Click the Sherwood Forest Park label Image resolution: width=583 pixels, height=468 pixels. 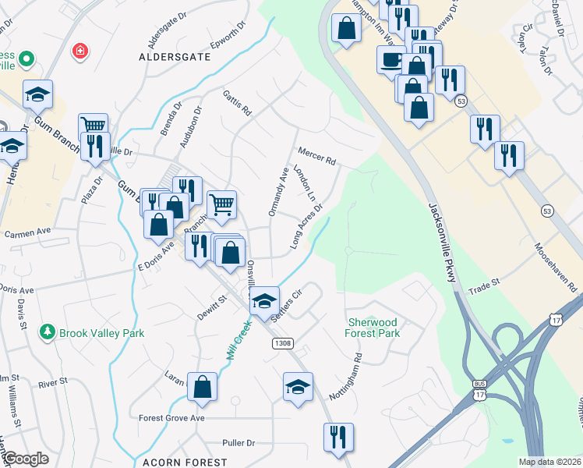coord(372,328)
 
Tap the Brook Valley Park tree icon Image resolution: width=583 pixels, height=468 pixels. coord(48,332)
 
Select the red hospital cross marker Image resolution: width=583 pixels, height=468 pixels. coord(79,52)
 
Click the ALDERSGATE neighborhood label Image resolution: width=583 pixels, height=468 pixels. coord(171,58)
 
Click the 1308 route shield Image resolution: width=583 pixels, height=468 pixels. coord(282,343)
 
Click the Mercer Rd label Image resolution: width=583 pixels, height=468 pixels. coord(316,155)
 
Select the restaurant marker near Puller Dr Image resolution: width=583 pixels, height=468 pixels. coord(338,436)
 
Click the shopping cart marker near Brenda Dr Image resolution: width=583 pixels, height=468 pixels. coord(93,126)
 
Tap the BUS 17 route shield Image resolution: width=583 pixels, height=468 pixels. coord(479,389)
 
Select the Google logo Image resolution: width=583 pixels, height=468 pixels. coord(25,459)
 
